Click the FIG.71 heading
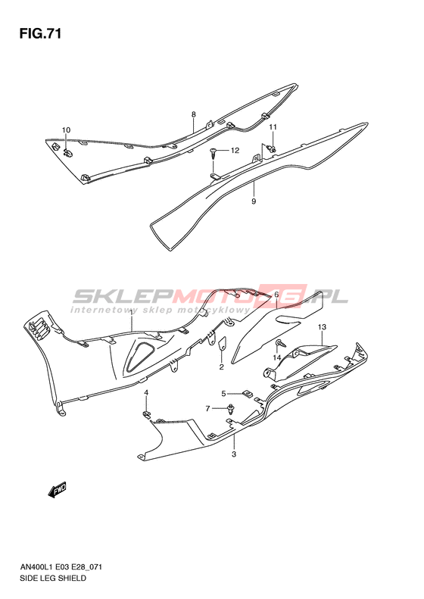(x=40, y=34)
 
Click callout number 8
(x=194, y=114)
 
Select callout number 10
(x=66, y=130)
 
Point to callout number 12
(x=235, y=151)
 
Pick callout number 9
(x=254, y=201)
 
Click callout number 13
(x=322, y=327)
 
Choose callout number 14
(x=276, y=357)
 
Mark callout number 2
(x=221, y=367)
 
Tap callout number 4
(x=146, y=393)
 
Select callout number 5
(x=224, y=394)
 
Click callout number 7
(x=207, y=409)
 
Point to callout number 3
(x=234, y=454)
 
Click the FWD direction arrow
(x=58, y=490)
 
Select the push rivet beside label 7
(x=231, y=409)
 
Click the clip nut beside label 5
(x=248, y=394)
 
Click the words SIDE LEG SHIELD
(x=52, y=578)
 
